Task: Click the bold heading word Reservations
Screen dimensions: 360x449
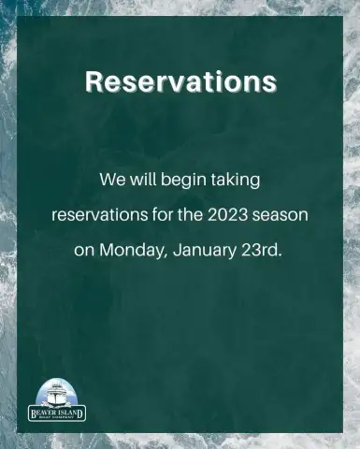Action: click(x=180, y=81)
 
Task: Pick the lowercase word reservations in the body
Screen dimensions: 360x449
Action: click(x=100, y=215)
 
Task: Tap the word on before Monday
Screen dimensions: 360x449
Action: click(x=84, y=252)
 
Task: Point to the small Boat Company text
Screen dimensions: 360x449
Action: click(x=57, y=417)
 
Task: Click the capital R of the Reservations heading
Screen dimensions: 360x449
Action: click(x=94, y=82)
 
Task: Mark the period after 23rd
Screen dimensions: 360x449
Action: click(x=279, y=255)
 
